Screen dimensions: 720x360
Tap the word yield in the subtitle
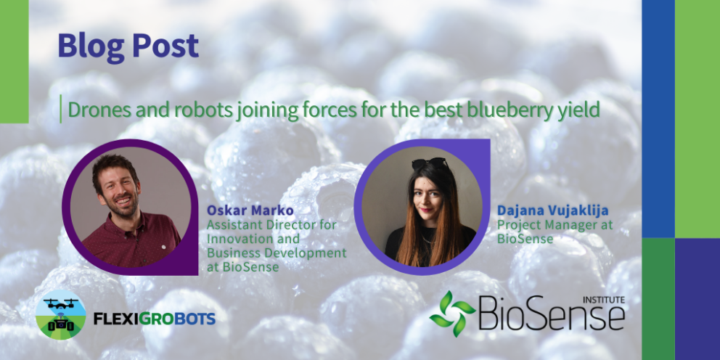point(578,110)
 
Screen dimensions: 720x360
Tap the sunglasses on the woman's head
point(430,163)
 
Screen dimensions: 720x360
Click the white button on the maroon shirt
point(163,240)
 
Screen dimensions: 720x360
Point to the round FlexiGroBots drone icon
point(61,314)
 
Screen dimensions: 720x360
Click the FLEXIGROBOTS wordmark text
point(155,318)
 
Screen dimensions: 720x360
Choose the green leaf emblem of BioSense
point(452,313)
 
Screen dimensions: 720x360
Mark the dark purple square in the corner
point(697,299)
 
